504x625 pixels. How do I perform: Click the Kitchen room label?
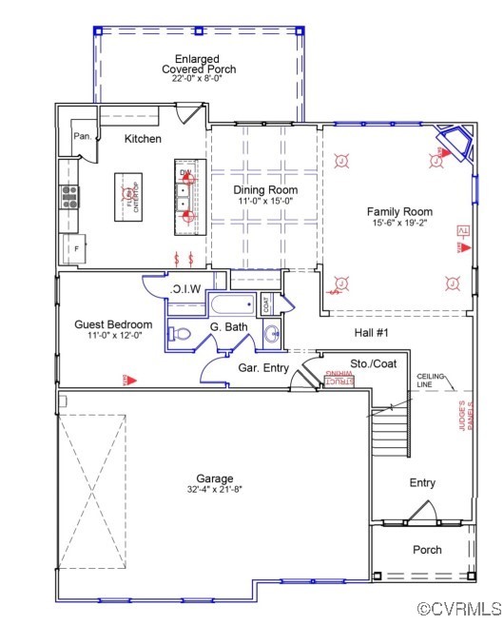click(x=143, y=139)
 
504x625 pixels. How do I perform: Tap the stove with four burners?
click(x=70, y=196)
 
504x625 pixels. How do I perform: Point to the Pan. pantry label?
click(x=83, y=137)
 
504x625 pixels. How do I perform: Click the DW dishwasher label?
click(x=185, y=172)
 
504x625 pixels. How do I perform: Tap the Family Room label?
click(x=399, y=212)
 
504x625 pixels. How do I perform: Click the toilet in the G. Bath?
click(x=181, y=334)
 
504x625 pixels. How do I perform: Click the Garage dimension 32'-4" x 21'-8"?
click(x=215, y=490)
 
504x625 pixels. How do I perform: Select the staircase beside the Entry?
click(x=390, y=433)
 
